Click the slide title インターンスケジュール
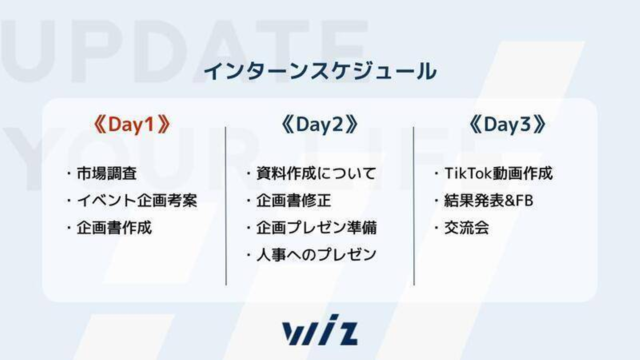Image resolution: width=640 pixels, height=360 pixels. [x=320, y=72]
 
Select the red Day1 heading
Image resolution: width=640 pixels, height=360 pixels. [x=132, y=125]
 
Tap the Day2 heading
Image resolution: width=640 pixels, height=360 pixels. [x=320, y=125]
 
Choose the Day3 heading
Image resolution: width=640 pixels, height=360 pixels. [x=508, y=125]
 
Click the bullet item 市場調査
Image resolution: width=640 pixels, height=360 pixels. [x=107, y=173]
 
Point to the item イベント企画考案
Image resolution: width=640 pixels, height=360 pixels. [x=137, y=200]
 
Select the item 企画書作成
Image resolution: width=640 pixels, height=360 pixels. [x=114, y=228]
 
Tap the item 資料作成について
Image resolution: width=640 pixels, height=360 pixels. [x=316, y=173]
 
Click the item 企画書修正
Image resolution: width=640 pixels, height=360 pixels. [x=294, y=200]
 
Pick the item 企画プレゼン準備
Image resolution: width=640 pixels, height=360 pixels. [x=316, y=228]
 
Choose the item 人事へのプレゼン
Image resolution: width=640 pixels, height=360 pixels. [x=316, y=255]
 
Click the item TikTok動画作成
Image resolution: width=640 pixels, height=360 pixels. [x=499, y=173]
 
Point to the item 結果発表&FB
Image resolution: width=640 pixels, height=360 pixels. [x=489, y=200]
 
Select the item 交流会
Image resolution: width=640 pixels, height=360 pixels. [x=467, y=228]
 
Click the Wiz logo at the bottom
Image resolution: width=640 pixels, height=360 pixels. [x=320, y=330]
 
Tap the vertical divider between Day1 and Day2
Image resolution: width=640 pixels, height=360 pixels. [x=226, y=206]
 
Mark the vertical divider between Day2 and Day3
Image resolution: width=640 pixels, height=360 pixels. [x=414, y=206]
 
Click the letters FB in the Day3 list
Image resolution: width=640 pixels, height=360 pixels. [x=524, y=200]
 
